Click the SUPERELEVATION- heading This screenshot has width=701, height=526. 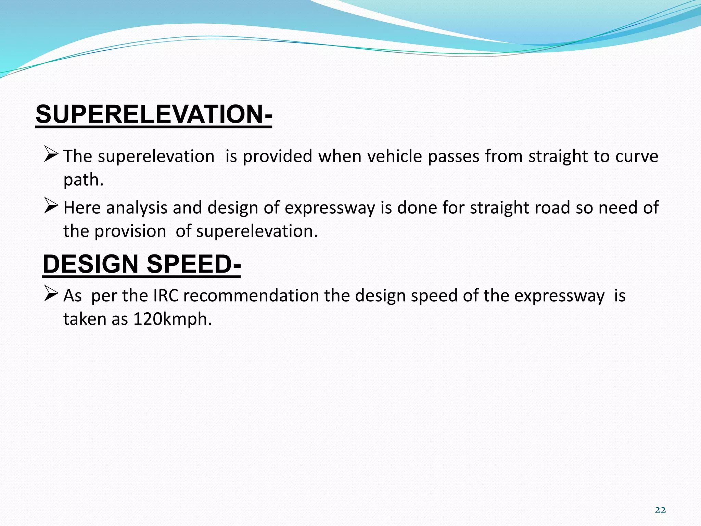[154, 114]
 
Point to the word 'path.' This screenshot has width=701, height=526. [83, 180]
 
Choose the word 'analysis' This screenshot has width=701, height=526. [137, 208]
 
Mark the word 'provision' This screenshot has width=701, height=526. [130, 231]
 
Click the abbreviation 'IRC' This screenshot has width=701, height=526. [166, 296]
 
